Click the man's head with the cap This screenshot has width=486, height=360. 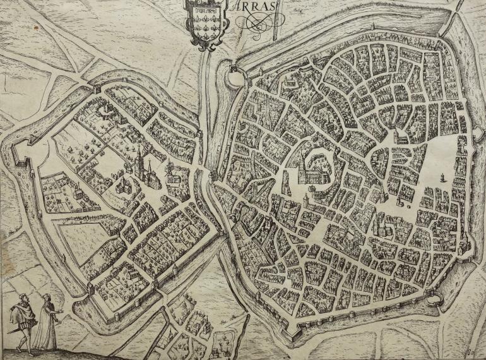click(23, 297)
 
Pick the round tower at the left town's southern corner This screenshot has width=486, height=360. click(89, 289)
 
